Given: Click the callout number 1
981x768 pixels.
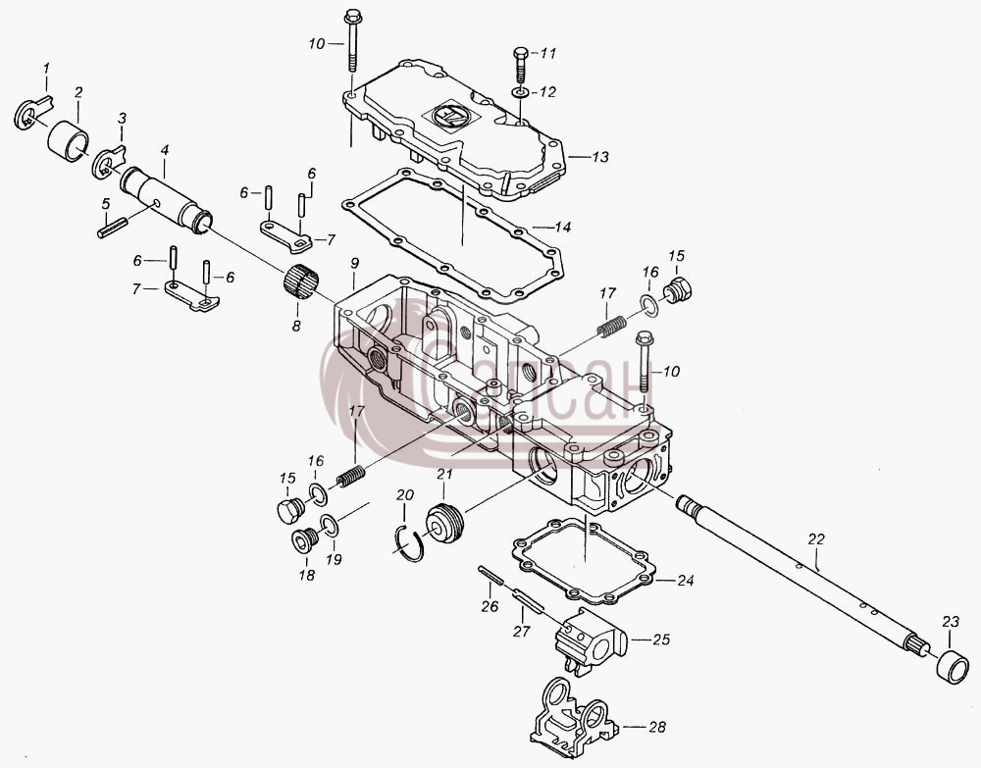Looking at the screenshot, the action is [46, 69].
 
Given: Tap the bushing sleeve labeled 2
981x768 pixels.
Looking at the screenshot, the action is [69, 141].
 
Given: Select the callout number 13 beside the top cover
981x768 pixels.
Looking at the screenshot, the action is [600, 156].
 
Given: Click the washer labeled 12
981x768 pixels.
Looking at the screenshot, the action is [519, 93].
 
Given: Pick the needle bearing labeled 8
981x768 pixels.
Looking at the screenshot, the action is [301, 282].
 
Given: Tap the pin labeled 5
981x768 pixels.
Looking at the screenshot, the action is [113, 227].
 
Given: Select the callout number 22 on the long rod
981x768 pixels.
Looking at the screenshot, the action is [816, 538].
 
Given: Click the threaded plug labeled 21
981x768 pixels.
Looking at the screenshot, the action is [445, 523].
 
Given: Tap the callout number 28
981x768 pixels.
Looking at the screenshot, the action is [657, 727].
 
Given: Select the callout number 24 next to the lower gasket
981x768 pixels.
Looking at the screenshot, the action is [686, 581].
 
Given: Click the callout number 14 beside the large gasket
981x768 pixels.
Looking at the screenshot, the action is [562, 227].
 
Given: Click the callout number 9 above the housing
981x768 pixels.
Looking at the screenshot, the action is [354, 263].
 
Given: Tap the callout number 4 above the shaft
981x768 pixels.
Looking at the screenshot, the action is [165, 150].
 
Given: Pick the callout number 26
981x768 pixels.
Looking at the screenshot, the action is [490, 606].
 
